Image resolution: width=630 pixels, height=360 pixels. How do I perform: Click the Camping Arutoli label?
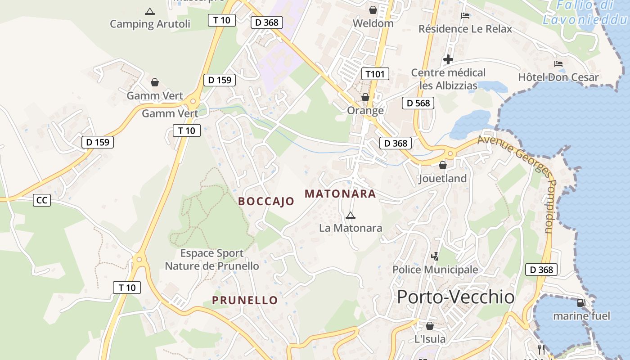150,24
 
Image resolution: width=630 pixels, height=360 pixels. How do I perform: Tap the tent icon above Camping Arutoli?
150,11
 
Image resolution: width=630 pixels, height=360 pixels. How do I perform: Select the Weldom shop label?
373,23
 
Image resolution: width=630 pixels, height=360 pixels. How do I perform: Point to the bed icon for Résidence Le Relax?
466,16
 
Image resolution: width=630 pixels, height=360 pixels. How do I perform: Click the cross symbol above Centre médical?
448,59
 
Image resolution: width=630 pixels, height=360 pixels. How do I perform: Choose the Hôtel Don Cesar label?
558,77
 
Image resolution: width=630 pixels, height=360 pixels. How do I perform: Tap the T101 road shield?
375,74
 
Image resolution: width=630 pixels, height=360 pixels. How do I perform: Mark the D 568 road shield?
418,103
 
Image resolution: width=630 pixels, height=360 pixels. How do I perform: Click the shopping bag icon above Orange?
365,97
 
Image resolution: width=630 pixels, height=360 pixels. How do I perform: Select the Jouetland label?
442,178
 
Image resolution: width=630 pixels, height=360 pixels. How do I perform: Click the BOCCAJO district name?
266,201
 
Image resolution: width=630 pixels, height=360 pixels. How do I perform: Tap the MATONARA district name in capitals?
340,194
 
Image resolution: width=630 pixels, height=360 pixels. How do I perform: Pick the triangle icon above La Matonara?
351,215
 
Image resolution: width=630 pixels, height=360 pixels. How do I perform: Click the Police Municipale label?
435,270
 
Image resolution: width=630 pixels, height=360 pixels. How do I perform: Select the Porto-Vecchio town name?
456,297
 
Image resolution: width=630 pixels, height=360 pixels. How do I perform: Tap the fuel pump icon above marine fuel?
581,303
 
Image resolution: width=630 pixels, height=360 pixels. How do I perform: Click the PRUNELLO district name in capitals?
245,300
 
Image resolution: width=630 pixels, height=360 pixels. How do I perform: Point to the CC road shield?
42,200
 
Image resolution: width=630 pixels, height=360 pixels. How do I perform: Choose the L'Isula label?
430,339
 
